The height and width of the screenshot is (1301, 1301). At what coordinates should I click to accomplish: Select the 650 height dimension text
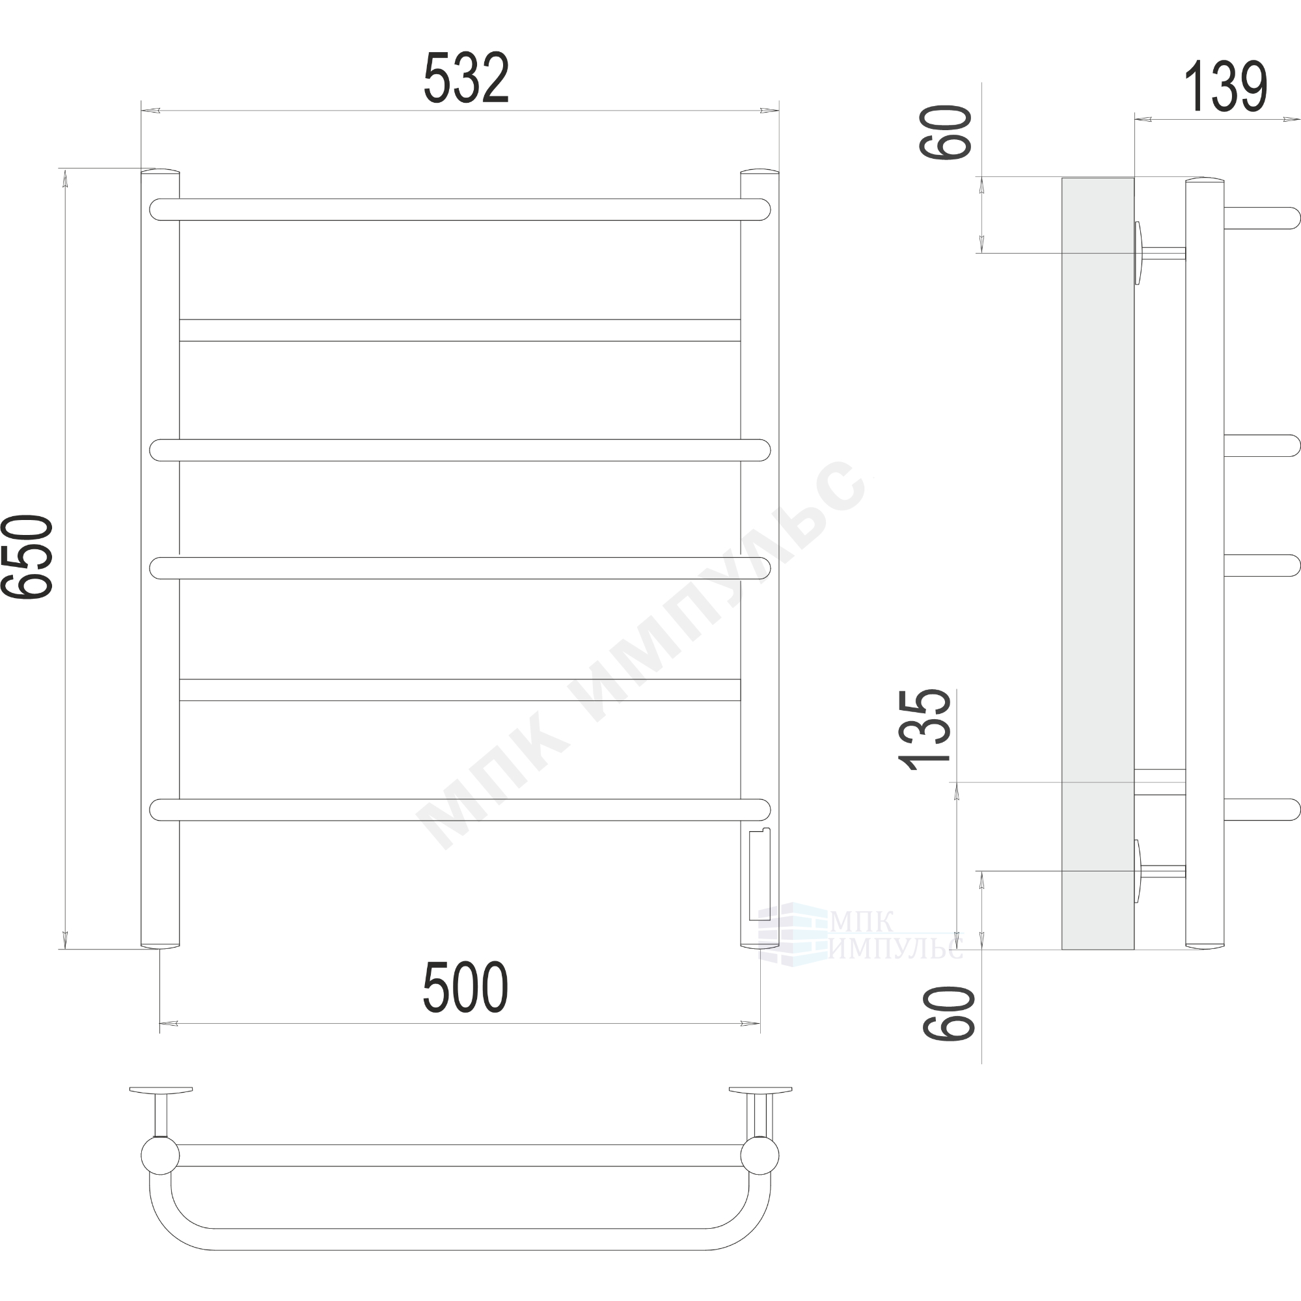pyautogui.click(x=27, y=557)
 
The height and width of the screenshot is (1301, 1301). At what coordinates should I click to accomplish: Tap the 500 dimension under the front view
pyautogui.click(x=465, y=987)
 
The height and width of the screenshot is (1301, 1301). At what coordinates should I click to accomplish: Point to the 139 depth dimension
pyautogui.click(x=1226, y=88)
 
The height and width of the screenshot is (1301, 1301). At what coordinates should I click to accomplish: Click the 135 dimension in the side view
pyautogui.click(x=925, y=730)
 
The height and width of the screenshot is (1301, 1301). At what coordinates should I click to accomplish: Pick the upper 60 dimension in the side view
pyautogui.click(x=946, y=132)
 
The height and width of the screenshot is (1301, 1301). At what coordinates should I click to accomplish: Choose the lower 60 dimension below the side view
pyautogui.click(x=949, y=1013)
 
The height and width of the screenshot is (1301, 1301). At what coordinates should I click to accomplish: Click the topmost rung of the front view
pyautogui.click(x=460, y=210)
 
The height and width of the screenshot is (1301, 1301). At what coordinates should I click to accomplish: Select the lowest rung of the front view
pyautogui.click(x=460, y=810)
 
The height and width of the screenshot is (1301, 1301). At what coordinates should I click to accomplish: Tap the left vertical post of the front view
pyautogui.click(x=160, y=558)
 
